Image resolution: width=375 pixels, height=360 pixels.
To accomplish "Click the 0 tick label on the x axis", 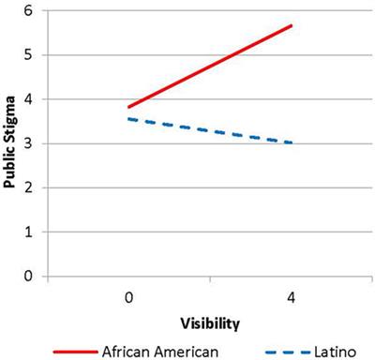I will pyautogui.click(x=127, y=296).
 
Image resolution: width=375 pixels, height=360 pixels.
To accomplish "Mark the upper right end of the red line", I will pyautogui.click(x=292, y=25).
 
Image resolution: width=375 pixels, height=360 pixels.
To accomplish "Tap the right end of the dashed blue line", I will pyautogui.click(x=292, y=143).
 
